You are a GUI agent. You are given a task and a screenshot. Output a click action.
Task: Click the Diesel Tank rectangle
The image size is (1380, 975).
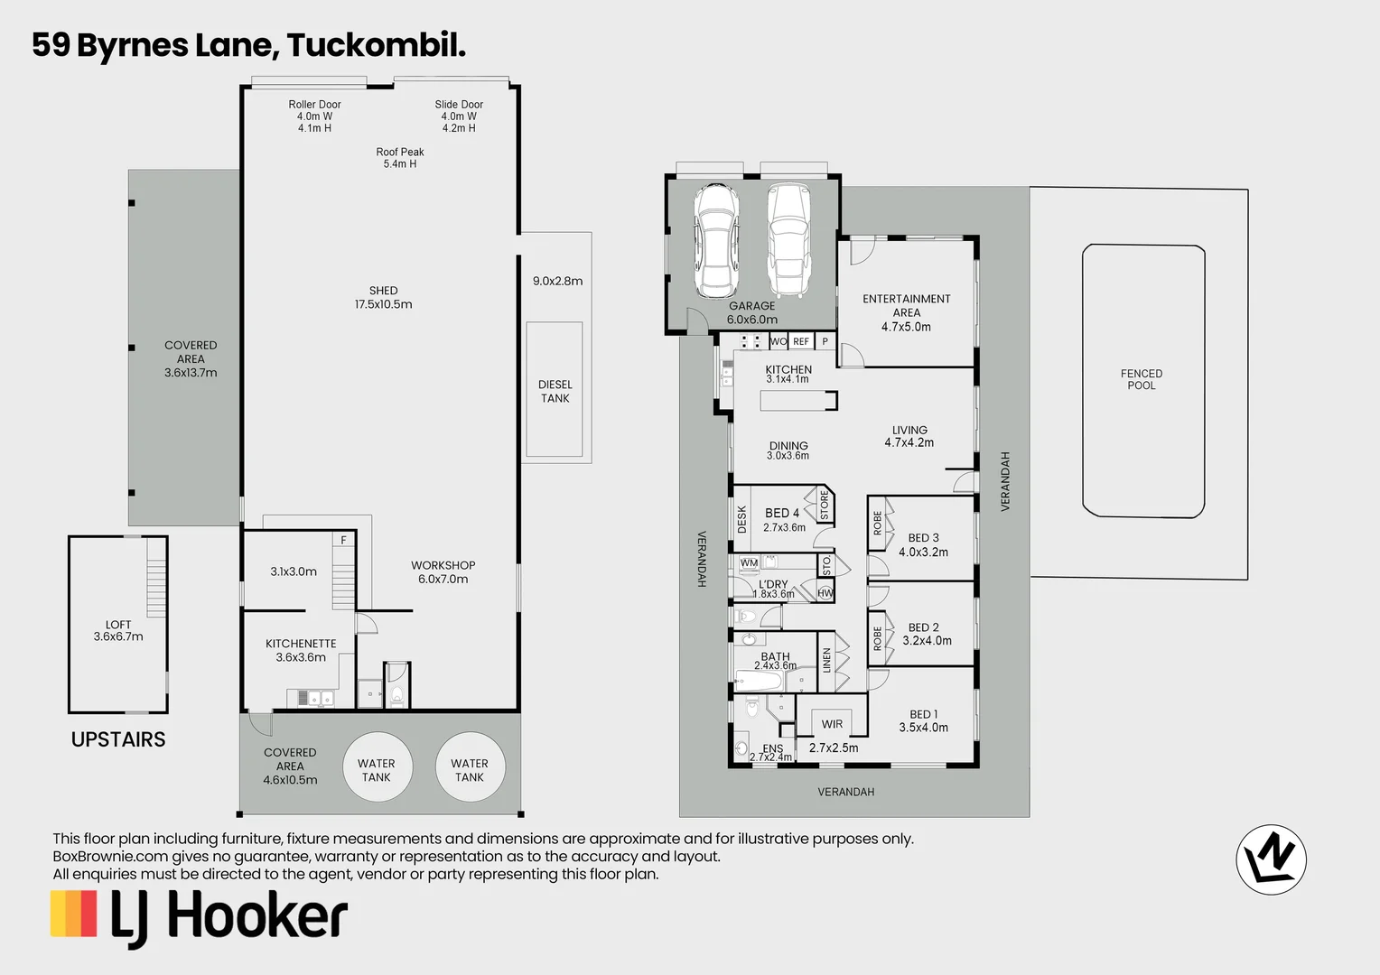pos(555,390)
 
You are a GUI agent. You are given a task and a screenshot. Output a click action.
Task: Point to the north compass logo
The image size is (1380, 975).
pos(1271,859)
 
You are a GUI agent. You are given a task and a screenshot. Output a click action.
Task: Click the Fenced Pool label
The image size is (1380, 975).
pos(1142,379)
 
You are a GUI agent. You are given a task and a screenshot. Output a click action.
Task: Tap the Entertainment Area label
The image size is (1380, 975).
pos(906,312)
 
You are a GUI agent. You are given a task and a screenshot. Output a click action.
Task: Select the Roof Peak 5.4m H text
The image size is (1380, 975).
pos(400,158)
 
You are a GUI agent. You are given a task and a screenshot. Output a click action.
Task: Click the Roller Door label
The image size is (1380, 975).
pos(314,105)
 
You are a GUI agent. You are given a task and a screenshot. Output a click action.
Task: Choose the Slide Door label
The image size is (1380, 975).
pos(459,105)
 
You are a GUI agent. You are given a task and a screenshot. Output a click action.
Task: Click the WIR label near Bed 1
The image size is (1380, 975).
pos(832,724)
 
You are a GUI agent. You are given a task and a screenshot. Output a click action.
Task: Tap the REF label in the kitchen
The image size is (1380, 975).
pos(801,341)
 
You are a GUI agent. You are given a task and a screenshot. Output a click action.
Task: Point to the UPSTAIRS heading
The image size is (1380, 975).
pos(118,739)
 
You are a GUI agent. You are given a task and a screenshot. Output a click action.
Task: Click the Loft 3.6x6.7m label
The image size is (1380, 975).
pos(118,630)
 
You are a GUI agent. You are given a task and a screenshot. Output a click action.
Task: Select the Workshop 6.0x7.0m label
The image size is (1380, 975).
pos(443,572)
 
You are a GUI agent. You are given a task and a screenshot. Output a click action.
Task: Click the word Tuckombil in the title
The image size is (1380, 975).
pos(376,44)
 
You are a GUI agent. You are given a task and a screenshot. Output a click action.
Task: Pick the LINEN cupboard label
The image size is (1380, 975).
pos(826,660)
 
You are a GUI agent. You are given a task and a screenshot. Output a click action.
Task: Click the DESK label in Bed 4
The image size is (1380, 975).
pos(742,519)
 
